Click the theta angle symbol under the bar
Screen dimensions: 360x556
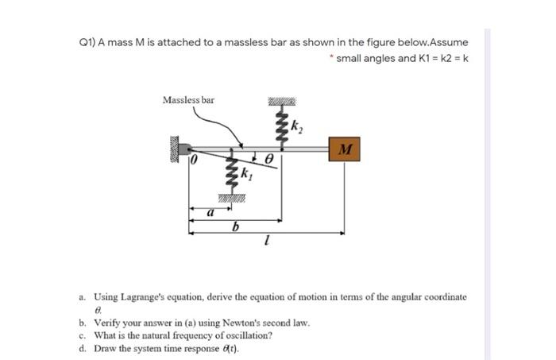[x=268, y=160]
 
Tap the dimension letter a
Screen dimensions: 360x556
[x=210, y=214]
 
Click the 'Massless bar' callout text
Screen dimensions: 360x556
[x=188, y=100]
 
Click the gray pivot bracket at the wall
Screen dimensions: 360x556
[x=183, y=148]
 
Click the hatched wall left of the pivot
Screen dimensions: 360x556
[x=171, y=150]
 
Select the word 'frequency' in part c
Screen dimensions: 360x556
[x=180, y=335]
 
